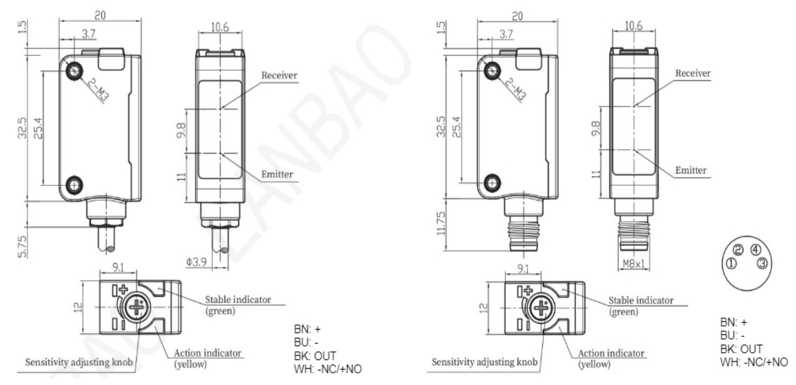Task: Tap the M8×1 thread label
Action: (x=633, y=263)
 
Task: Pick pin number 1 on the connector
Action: (x=731, y=263)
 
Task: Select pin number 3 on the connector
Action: (x=762, y=263)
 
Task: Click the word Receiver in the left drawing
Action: (x=279, y=76)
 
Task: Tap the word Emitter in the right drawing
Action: (x=690, y=170)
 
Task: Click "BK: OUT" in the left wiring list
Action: (x=315, y=355)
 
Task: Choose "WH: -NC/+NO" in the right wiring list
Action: (x=754, y=362)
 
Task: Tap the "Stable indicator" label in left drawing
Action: (x=237, y=300)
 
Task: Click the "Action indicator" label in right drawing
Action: (x=611, y=353)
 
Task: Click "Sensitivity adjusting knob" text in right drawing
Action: (x=484, y=362)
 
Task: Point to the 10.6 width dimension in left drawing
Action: (x=219, y=28)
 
